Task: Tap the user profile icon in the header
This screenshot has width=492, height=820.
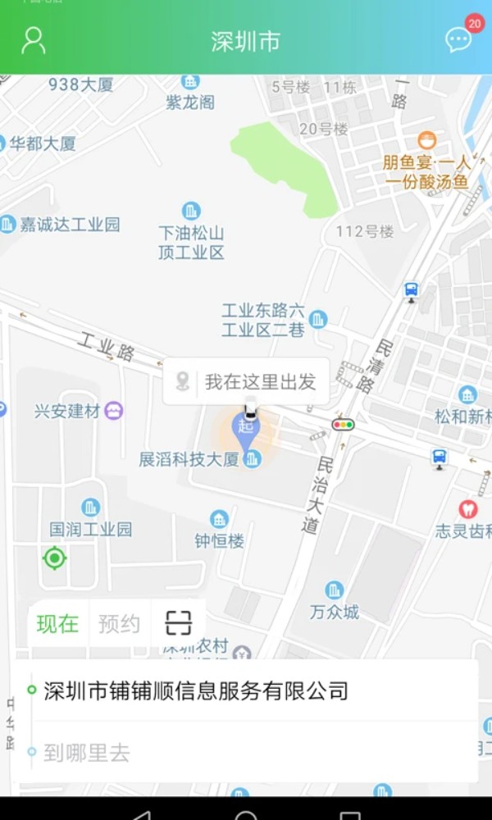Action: [33, 40]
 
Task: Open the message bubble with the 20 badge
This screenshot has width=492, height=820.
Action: [458, 39]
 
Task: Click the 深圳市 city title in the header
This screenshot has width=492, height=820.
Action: [245, 42]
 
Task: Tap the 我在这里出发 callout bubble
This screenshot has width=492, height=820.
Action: [247, 381]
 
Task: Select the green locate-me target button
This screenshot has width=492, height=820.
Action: [54, 558]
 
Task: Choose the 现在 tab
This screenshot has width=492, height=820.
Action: [57, 624]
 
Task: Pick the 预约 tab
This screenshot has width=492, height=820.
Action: [119, 624]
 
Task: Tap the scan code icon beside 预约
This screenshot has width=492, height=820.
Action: [178, 624]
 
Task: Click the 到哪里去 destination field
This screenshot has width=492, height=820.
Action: [246, 753]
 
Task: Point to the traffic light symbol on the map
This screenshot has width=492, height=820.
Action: [343, 424]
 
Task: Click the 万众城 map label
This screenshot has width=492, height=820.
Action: [335, 612]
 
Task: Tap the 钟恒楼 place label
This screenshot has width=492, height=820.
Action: [219, 540]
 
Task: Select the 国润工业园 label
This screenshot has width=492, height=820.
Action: [91, 529]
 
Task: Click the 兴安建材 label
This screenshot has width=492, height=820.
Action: [68, 411]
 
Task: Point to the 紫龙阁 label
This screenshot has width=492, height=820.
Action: [190, 102]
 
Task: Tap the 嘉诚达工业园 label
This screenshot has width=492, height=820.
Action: [70, 224]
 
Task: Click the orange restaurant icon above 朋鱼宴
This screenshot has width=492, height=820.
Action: [426, 140]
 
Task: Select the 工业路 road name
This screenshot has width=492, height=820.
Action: [107, 347]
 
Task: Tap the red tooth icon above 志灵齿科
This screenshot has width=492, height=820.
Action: [467, 509]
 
